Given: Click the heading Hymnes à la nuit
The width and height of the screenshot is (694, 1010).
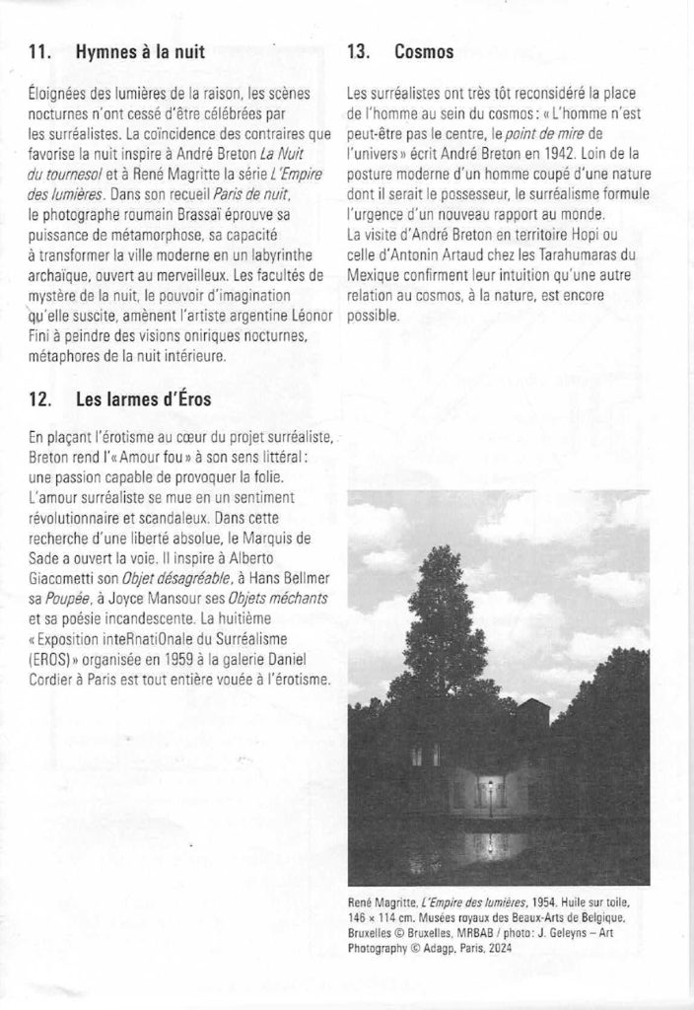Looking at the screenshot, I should [140, 55].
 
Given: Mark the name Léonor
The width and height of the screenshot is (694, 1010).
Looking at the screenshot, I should [302, 317].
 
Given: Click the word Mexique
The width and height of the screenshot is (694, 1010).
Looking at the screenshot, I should [375, 275].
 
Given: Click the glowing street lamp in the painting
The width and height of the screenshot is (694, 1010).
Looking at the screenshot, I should [488, 785].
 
